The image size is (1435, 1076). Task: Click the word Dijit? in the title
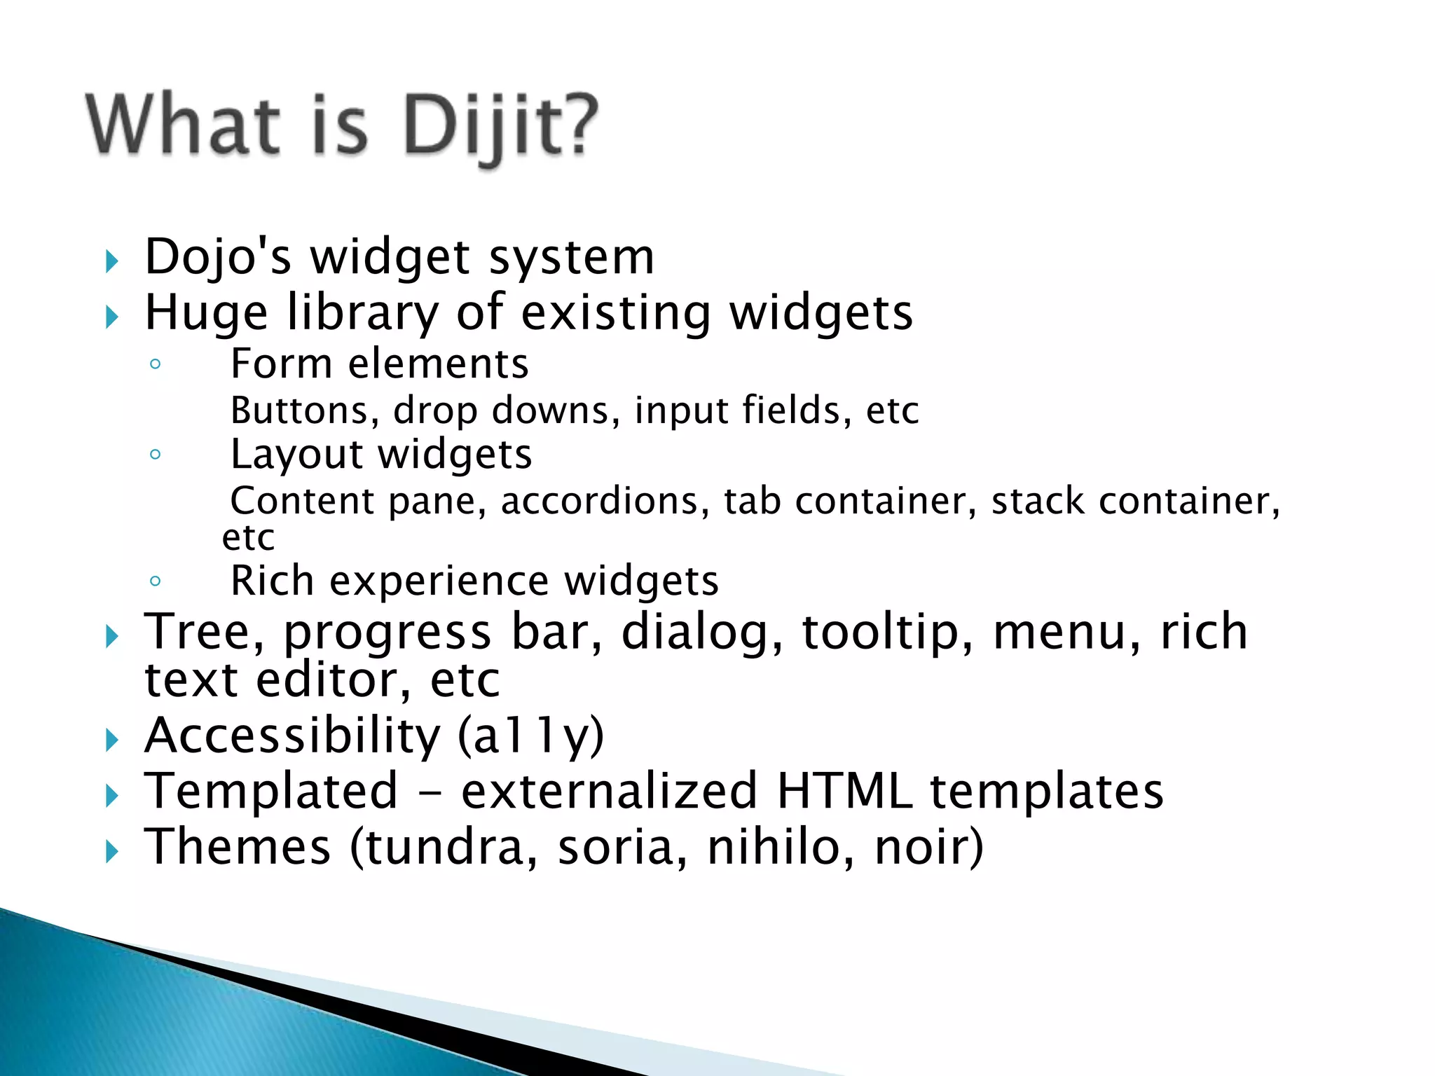[x=500, y=126]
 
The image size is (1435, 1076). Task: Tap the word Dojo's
[x=217, y=257]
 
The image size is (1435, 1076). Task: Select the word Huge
[x=206, y=313]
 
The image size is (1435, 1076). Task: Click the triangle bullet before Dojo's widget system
[x=111, y=262]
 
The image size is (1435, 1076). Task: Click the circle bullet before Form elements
[x=156, y=364]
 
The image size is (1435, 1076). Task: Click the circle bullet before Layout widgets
[x=156, y=454]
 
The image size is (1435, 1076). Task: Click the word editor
[x=332, y=680]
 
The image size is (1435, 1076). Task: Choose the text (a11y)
[x=530, y=736]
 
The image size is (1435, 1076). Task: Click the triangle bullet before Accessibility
[x=111, y=740]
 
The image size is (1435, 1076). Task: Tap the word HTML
[x=844, y=792]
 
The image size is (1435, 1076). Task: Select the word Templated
[x=270, y=792]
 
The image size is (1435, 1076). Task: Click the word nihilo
[x=780, y=848]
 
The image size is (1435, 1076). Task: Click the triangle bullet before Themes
[x=111, y=852]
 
